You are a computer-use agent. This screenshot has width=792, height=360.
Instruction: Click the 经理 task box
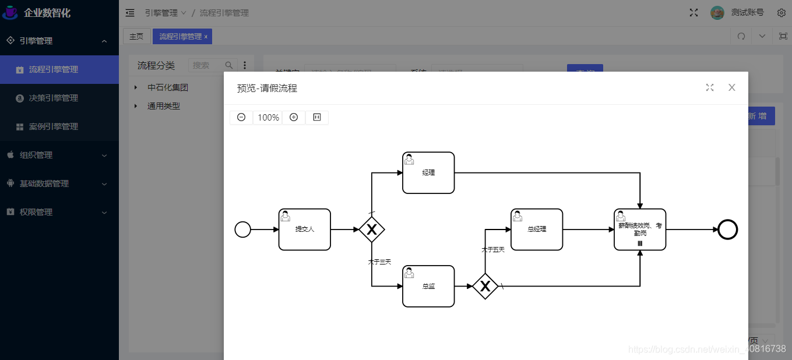coord(428,173)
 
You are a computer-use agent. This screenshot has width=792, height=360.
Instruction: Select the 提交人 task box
coord(305,230)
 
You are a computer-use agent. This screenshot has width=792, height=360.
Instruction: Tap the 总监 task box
coord(428,286)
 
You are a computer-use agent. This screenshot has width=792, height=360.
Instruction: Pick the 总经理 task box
coord(537,230)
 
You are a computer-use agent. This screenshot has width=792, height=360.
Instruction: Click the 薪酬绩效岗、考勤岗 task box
coord(640,230)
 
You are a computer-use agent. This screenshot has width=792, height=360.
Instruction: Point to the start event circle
coord(242,230)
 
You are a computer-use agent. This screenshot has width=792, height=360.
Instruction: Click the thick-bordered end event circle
coord(727,230)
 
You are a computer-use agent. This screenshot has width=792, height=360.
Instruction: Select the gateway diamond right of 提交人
coord(372,230)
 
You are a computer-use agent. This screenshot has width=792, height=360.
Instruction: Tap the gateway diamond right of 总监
coord(485,286)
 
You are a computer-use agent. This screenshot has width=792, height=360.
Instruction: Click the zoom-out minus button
coord(241,117)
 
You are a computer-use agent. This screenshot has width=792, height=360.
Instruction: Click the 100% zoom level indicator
coord(268,117)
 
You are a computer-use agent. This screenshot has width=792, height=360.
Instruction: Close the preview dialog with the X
coord(732,87)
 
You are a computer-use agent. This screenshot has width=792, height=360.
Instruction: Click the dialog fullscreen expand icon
coord(710,87)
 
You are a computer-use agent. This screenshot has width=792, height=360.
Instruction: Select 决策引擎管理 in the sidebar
coord(54,98)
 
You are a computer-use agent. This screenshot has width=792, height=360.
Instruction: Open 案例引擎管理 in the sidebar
coord(54,126)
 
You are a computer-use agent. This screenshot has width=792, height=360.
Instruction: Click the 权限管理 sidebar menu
coord(36,212)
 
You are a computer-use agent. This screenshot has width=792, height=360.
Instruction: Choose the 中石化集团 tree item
coord(168,87)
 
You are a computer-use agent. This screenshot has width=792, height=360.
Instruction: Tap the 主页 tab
coord(136,36)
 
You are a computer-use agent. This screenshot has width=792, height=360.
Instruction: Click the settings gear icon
coord(782,13)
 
